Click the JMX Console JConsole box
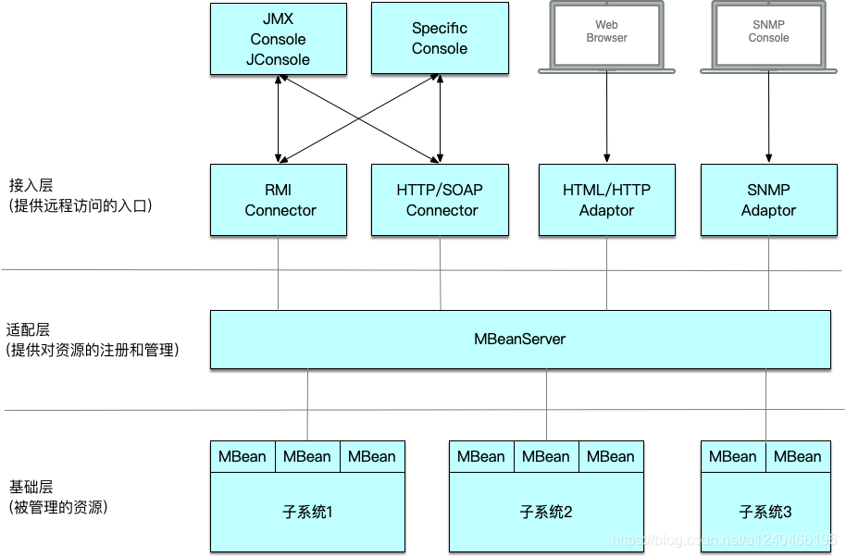[278, 39]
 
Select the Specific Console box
[440, 39]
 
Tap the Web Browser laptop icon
[606, 34]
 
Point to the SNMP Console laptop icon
[768, 34]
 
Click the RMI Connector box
[278, 200]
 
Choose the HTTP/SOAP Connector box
[440, 200]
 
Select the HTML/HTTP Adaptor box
[606, 200]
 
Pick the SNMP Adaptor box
[768, 200]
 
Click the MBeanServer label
[519, 339]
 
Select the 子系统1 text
[306, 512]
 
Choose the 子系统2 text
[545, 512]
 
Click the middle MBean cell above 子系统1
[306, 456]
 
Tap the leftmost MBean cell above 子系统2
[481, 456]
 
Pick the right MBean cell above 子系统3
[797, 456]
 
